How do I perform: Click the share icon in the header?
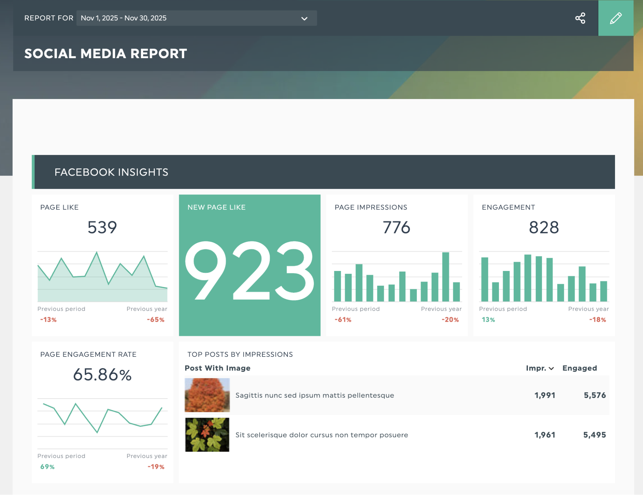pos(580,18)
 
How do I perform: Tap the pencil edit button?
pos(616,18)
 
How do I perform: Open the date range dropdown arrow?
pos(304,19)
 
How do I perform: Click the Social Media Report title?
pos(106,54)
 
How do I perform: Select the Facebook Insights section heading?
pos(111,172)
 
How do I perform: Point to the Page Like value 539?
pos(102,228)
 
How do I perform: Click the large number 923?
pos(250,271)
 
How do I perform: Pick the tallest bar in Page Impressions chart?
pos(446,276)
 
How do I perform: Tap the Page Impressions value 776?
pos(397,228)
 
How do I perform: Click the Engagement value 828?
pos(544,228)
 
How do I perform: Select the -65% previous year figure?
pos(156,320)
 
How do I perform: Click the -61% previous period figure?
pos(343,320)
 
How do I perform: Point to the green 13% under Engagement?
pos(488,320)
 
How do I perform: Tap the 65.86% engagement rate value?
pos(102,375)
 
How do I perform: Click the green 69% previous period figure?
pos(47,467)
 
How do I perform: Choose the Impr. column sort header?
pos(539,368)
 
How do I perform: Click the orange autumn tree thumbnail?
pos(207,395)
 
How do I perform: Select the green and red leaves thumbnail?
pos(207,435)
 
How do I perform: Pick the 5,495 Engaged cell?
pos(594,435)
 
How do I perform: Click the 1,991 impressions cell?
pos(545,395)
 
